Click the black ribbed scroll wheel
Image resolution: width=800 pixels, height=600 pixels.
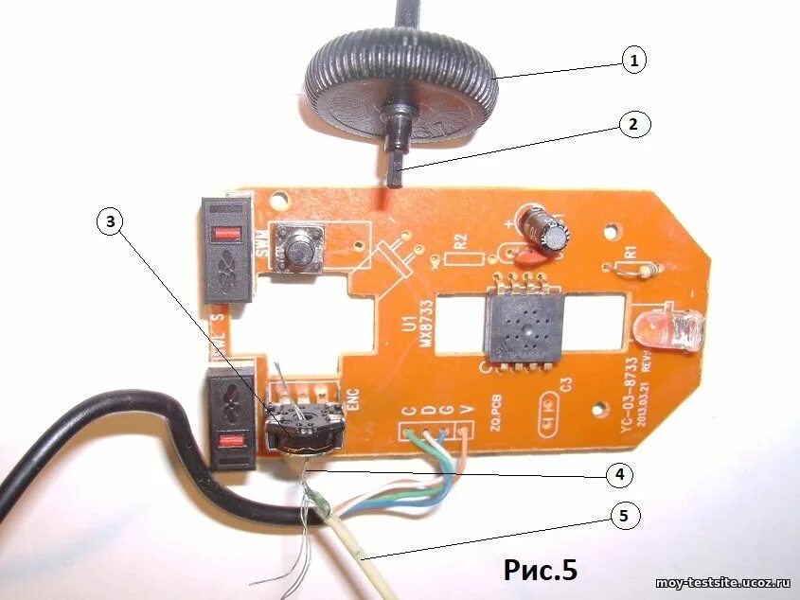[400, 85]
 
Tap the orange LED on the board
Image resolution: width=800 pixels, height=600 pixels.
[669, 330]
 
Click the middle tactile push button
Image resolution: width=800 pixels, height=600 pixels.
[296, 250]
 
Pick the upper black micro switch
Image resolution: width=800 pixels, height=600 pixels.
[228, 250]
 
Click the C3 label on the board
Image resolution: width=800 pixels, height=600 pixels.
[565, 383]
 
